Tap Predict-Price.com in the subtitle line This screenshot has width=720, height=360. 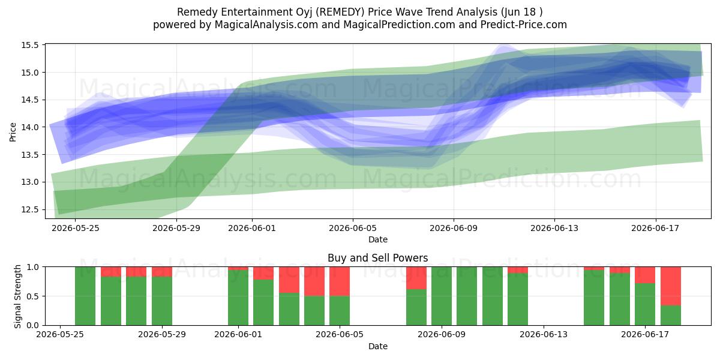pos(524,25)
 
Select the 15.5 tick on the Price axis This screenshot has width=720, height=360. pos(30,46)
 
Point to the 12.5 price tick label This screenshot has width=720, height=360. pos(30,209)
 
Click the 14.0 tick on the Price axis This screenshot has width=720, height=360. pos(30,127)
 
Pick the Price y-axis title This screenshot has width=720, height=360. pos(13,132)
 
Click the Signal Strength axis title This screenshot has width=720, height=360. pos(17,296)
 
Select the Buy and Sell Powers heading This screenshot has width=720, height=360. pos(377,258)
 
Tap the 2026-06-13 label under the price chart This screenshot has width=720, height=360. pos(554,228)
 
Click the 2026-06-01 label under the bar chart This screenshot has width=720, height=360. pos(238,335)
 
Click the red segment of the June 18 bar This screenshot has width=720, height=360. pos(671,286)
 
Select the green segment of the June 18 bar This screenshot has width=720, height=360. pos(671,316)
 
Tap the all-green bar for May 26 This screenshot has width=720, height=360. pos(85,296)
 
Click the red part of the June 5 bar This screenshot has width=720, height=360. pos(340,281)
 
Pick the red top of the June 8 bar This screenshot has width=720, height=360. pos(416,278)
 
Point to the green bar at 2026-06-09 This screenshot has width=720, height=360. pos(442,296)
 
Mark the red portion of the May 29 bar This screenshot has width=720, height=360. pos(161,272)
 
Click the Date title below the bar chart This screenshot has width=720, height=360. pos(377,346)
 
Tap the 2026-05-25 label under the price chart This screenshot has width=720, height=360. pos(75,228)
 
